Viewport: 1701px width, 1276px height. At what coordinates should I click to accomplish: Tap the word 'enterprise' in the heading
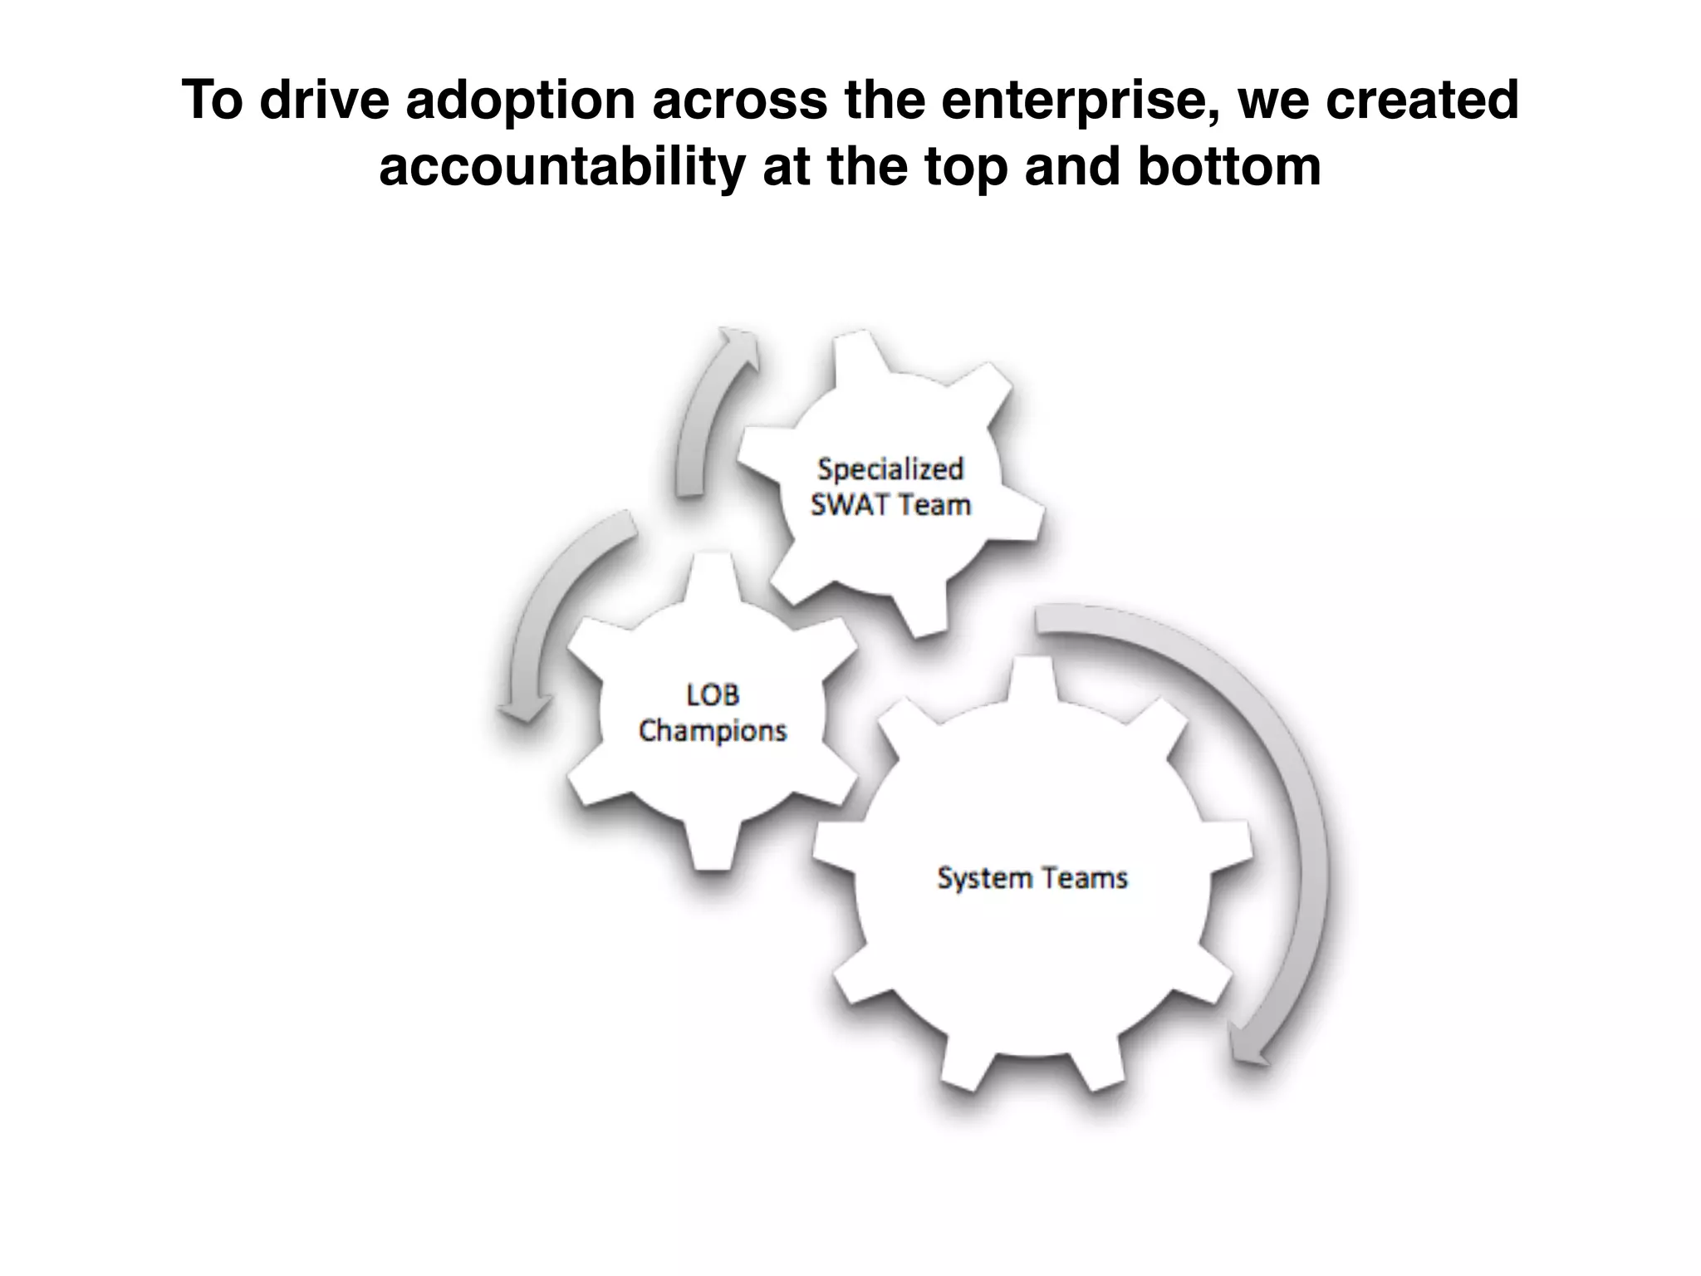coord(1079,101)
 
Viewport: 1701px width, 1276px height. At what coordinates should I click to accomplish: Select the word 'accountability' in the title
coord(561,167)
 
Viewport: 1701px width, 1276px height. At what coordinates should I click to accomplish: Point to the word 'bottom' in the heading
coord(1228,167)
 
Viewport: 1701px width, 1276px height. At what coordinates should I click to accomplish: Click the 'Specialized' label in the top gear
coord(890,469)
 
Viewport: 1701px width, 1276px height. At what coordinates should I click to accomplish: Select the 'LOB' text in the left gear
coord(713,694)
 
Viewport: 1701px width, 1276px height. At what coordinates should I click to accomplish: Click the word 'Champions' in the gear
coord(713,731)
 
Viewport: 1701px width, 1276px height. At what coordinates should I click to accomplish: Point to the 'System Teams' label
coord(1032,878)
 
